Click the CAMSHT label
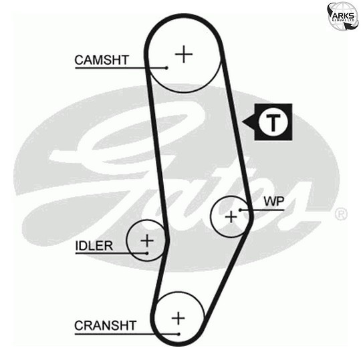tap(102, 60)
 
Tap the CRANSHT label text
tap(106, 325)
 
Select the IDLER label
tap(94, 246)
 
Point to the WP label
tap(274, 202)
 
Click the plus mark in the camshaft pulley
tap(184, 54)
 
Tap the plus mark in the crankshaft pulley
tap(178, 319)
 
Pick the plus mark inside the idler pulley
tap(147, 240)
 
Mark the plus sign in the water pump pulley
tap(231, 217)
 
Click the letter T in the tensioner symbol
tap(273, 122)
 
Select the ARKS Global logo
tap(343, 15)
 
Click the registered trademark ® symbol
tap(341, 214)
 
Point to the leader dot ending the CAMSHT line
tap(166, 68)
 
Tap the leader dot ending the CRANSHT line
tap(178, 334)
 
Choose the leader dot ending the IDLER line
tap(146, 253)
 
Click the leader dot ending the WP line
tap(240, 210)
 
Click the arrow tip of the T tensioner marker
tap(243, 122)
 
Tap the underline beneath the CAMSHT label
tap(121, 68)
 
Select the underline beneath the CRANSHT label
tap(126, 334)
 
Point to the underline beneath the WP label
tap(262, 210)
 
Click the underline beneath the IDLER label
tap(111, 253)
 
